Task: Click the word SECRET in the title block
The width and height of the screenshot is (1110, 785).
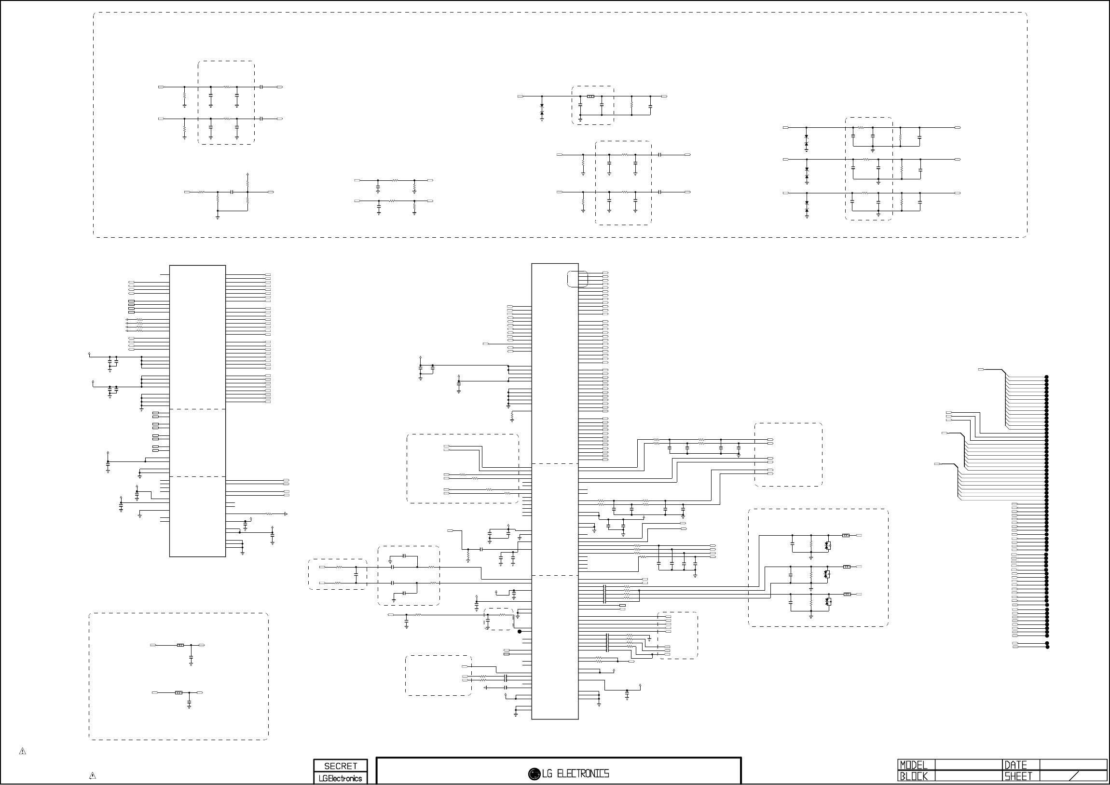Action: (x=341, y=766)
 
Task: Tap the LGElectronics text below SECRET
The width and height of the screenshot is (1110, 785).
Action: (x=341, y=778)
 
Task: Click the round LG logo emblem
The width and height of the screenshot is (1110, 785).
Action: (x=534, y=774)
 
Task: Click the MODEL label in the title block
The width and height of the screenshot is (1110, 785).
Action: (x=913, y=765)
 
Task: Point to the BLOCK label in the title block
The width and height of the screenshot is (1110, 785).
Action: (x=913, y=777)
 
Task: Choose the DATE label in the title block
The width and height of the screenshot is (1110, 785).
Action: (x=1016, y=765)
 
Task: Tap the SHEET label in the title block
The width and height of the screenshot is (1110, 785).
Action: (x=1018, y=777)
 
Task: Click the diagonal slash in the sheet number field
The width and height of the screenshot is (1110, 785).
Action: (x=1078, y=777)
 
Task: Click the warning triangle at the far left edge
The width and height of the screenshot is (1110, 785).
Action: (x=22, y=751)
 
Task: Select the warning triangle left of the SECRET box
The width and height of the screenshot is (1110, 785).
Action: (x=92, y=776)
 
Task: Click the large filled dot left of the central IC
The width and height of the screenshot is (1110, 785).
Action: (x=520, y=631)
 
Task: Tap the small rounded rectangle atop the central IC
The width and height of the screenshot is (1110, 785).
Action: (x=577, y=279)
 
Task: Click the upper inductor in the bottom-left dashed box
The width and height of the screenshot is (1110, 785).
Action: (x=180, y=645)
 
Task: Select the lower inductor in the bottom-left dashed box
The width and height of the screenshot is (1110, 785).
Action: (x=178, y=693)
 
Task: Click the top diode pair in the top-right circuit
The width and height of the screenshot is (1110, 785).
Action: (x=806, y=141)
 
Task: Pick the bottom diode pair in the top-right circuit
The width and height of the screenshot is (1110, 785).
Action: (x=807, y=206)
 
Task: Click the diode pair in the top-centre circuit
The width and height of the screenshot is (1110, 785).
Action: (x=541, y=109)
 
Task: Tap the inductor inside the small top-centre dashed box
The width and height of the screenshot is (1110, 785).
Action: (x=590, y=96)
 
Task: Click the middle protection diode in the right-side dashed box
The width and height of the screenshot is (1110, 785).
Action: (x=827, y=574)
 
